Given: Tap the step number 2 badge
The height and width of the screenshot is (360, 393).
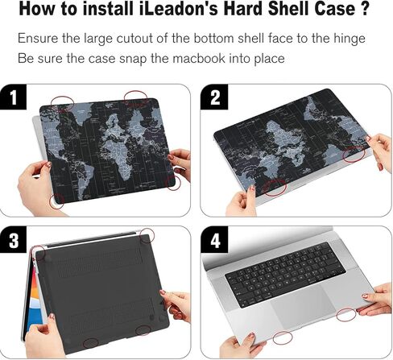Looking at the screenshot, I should click(215, 98).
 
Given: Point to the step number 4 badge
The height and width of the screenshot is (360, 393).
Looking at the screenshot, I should click(215, 240).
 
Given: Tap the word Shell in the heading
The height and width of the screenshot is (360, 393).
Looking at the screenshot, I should click(285, 11).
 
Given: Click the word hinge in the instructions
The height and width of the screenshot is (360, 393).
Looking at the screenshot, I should click(347, 39).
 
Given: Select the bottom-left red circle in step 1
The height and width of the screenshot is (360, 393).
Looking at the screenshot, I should click(57, 199).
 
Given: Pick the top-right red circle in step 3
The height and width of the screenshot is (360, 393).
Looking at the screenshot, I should click(147, 235).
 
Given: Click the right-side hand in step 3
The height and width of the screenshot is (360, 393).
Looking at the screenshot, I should click(175, 304).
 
